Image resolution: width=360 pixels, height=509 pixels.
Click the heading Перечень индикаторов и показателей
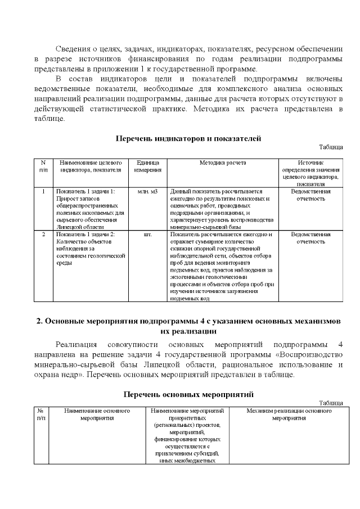(188, 138)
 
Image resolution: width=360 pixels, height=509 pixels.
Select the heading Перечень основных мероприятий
(188, 394)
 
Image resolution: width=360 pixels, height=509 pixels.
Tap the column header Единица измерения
(148, 166)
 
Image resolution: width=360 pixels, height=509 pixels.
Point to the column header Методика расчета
(222, 163)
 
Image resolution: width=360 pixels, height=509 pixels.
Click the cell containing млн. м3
(148, 192)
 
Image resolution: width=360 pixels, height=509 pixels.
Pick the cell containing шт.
(148, 234)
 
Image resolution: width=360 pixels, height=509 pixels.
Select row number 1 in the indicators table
(43, 192)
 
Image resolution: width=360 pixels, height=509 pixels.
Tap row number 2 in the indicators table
(43, 234)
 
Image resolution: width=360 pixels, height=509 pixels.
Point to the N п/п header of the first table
(43, 166)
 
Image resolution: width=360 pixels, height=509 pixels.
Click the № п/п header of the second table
(41, 415)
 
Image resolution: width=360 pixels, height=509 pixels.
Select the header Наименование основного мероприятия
(97, 415)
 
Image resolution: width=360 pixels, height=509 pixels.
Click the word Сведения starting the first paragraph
(71, 49)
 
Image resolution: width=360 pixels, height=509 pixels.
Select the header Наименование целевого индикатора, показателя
(91, 166)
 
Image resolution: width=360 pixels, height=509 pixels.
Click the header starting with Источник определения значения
(310, 173)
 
